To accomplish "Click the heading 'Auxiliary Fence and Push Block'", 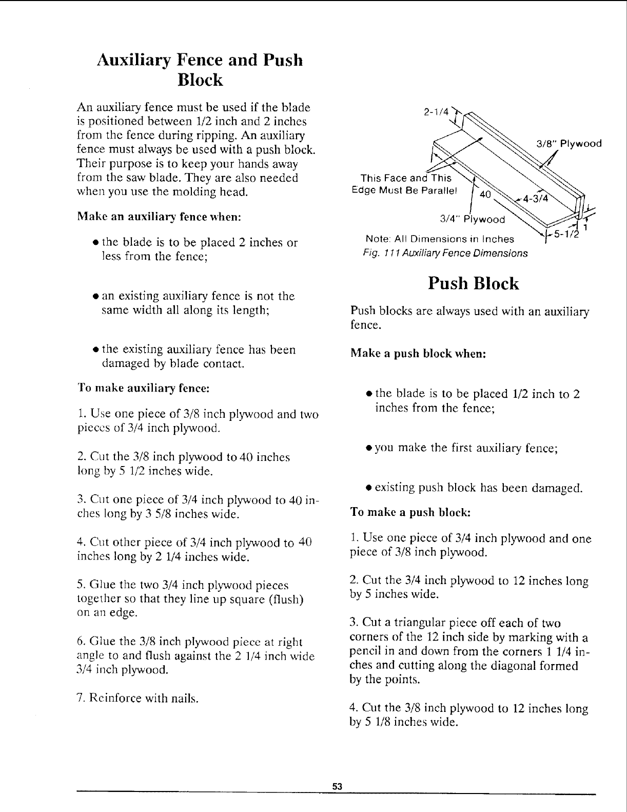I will [x=200, y=70].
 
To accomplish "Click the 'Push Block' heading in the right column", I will [x=474, y=284].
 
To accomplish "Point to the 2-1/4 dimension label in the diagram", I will [x=437, y=111].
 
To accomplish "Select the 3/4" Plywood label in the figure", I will [x=473, y=220].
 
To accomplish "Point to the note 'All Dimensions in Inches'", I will [x=439, y=239].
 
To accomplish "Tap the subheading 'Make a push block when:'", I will [x=418, y=354].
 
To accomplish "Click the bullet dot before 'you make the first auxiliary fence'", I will [x=369, y=448].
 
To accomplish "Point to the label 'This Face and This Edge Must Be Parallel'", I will [x=406, y=183].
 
